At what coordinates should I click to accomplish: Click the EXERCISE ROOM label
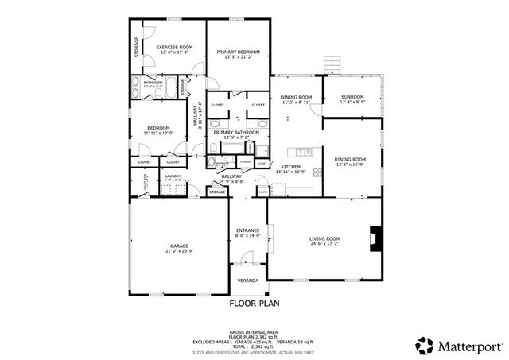pos(174,48)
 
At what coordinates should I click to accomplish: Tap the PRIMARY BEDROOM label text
pos(238,52)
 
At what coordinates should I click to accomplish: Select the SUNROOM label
pos(352,97)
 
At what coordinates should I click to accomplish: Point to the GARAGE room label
pos(179,246)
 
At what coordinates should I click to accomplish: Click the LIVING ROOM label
pos(324,238)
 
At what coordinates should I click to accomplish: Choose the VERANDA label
pos(247,281)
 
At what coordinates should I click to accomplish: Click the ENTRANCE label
pos(248,230)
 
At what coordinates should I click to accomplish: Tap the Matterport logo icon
pos(425,346)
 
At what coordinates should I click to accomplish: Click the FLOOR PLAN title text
pos(254,303)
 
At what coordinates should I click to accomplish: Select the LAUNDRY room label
pos(173,176)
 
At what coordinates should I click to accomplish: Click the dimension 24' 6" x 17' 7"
pos(324,244)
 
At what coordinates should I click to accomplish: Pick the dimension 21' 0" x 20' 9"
pos(179,251)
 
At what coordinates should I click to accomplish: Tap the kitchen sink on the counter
pos(301,152)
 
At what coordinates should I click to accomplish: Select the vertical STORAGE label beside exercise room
pos(137,47)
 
